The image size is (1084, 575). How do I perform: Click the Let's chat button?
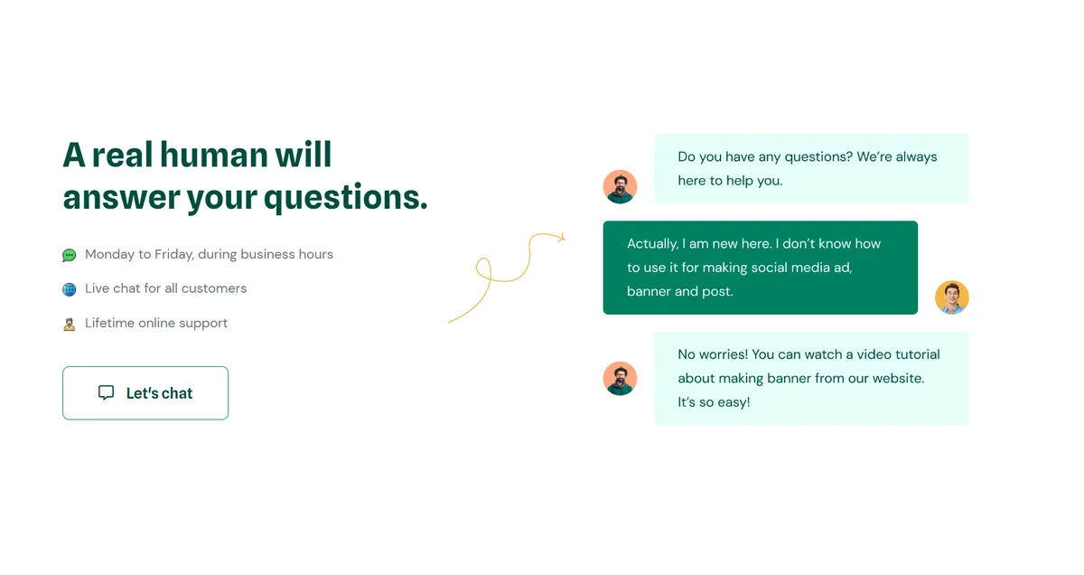pos(145,393)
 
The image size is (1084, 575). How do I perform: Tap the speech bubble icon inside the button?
pos(106,392)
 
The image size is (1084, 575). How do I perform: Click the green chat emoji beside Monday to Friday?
pos(70,255)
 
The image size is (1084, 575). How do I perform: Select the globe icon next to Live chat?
pos(70,289)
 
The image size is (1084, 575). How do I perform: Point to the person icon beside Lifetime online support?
pos(70,324)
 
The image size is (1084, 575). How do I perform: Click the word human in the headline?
pos(213,155)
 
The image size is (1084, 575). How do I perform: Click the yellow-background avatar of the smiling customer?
pos(951,297)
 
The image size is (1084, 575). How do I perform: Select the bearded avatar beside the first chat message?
pos(620,186)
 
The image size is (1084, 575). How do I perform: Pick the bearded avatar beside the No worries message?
pos(620,378)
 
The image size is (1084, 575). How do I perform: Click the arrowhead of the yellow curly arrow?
pos(562,238)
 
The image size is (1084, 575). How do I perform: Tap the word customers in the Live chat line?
pos(214,288)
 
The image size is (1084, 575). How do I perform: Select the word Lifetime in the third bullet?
pos(110,323)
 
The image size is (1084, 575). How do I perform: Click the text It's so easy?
pos(714,402)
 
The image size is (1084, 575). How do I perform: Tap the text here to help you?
pos(730,181)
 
